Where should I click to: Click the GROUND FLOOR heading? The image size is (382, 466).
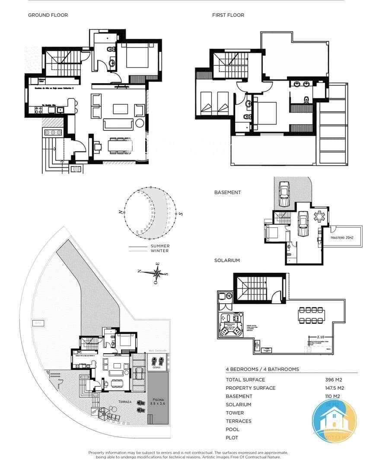48,15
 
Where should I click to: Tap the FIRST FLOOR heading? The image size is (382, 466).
228,15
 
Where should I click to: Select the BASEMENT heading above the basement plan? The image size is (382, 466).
227,192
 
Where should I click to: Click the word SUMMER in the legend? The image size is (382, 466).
160,246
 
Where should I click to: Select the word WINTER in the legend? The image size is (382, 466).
159,251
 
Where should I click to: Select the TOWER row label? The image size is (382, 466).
235,413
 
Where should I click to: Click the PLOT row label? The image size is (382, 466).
232,438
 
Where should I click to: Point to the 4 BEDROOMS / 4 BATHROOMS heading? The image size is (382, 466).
262,369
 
